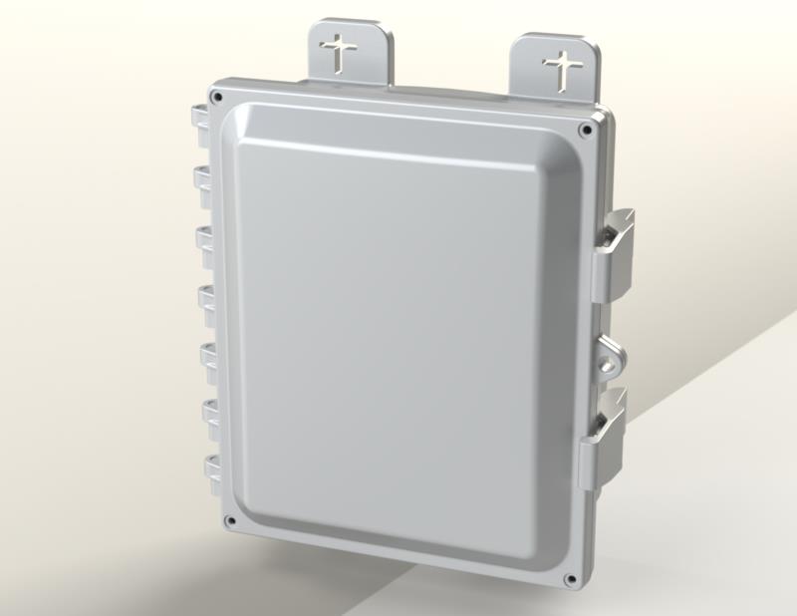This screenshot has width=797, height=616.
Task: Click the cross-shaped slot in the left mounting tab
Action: [342, 52]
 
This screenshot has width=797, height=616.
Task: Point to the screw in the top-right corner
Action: [585, 128]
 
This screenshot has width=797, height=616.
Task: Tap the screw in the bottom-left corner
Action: [230, 519]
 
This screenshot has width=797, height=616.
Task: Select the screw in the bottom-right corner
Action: [570, 579]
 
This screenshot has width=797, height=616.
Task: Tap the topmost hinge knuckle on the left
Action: [198, 119]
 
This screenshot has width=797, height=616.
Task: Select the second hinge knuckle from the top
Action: [201, 178]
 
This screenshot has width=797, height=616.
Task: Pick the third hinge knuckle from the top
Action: [204, 238]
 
